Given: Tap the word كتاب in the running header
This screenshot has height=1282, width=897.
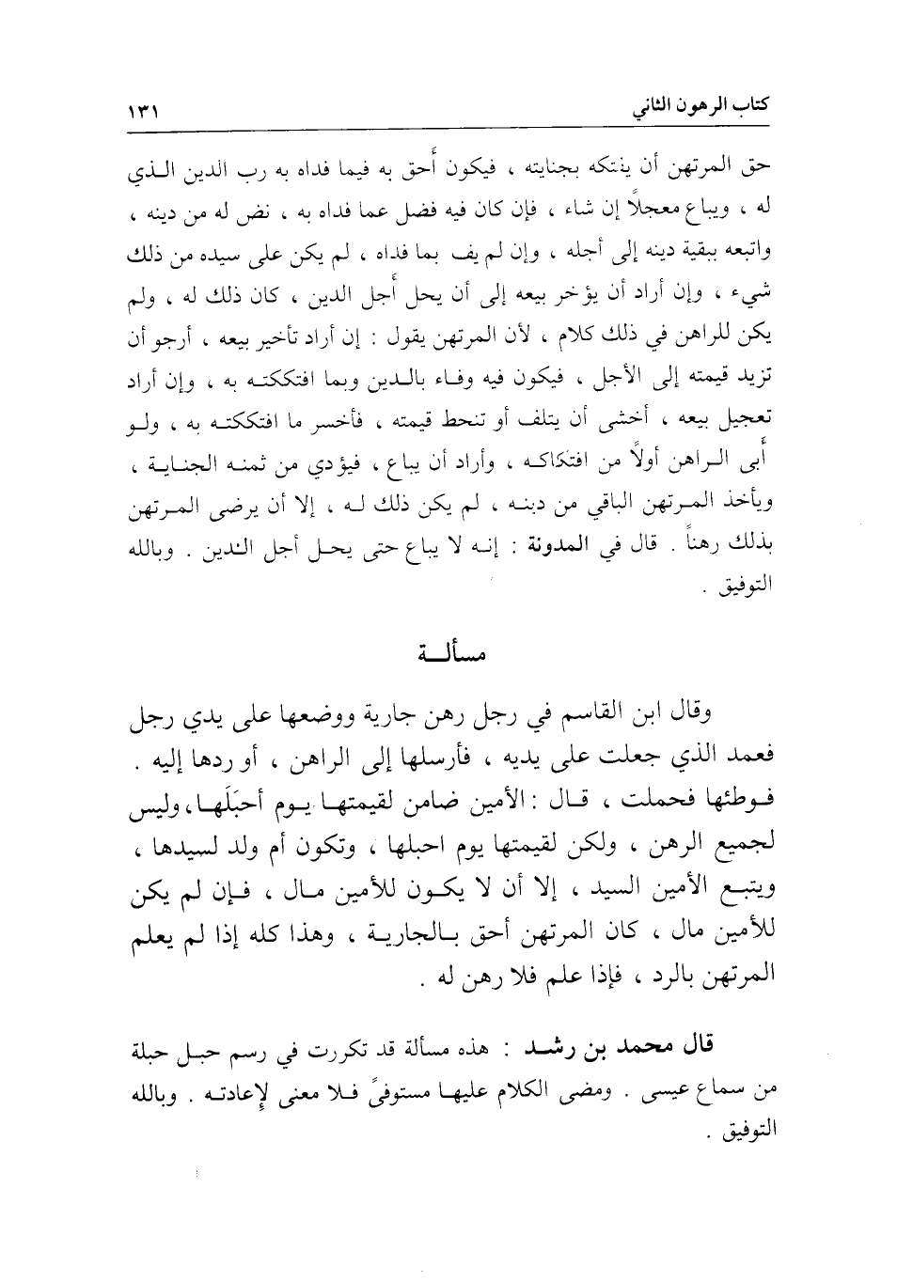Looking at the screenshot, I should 748,105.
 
